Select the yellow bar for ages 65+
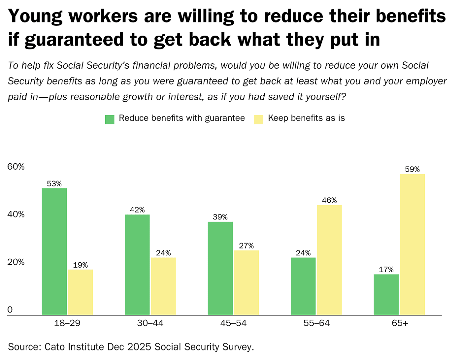pyautogui.click(x=412, y=244)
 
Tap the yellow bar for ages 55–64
pyautogui.click(x=329, y=260)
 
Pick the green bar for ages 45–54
pyautogui.click(x=220, y=268)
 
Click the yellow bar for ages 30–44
pyautogui.click(x=163, y=286)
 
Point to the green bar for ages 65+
pyautogui.click(x=386, y=295)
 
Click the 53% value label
pyautogui.click(x=54, y=184)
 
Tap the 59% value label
pyautogui.click(x=412, y=170)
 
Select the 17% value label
pyautogui.click(x=386, y=270)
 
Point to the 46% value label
pyautogui.click(x=329, y=201)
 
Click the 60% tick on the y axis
pyautogui.click(x=16, y=167)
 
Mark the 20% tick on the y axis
pyautogui.click(x=16, y=262)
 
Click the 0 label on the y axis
pyautogui.click(x=10, y=310)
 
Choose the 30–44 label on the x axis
pyautogui.click(x=150, y=323)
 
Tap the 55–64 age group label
pyautogui.click(x=316, y=323)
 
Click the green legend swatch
pyautogui.click(x=110, y=119)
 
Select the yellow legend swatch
pyautogui.click(x=259, y=119)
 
